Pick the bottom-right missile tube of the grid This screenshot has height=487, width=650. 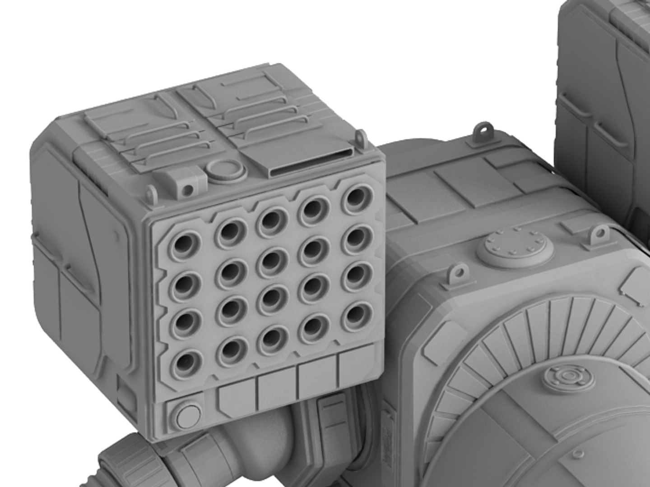pyautogui.click(x=357, y=313)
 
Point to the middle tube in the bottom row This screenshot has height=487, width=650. pyautogui.click(x=273, y=336)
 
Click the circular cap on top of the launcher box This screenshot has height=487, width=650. pyautogui.click(x=224, y=170)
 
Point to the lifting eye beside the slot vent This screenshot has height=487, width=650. pyautogui.click(x=360, y=137)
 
